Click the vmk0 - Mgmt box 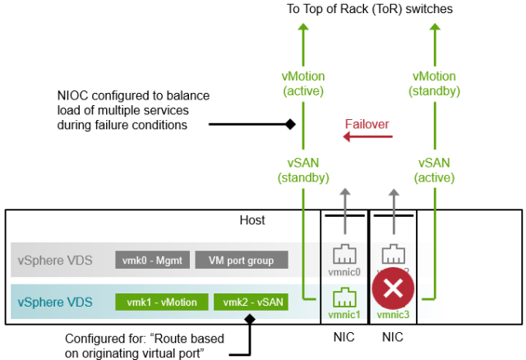pos(153,260)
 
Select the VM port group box pos(242,260)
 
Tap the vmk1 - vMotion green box pos(160,302)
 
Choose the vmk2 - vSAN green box pos(251,302)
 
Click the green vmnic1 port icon pos(344,296)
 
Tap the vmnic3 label pos(394,314)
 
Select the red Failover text pos(366,124)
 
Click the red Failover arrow pos(365,141)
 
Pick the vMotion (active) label pos(302,84)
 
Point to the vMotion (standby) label pos(433,84)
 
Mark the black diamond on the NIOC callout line pos(289,125)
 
